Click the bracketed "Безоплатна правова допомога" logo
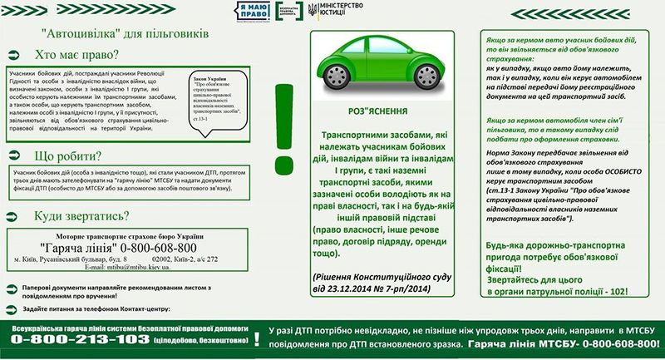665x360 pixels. point(282,12)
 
